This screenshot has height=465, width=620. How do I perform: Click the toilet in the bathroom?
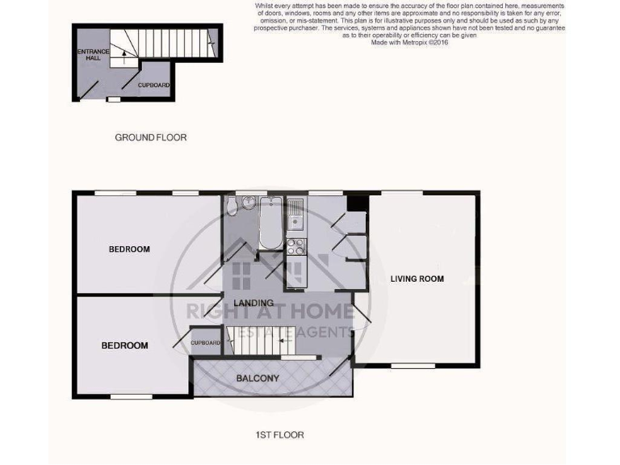pyautogui.click(x=232, y=207)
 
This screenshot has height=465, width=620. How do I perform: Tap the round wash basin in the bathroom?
pyautogui.click(x=250, y=206)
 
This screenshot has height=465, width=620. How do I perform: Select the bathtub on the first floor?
pyautogui.click(x=270, y=222)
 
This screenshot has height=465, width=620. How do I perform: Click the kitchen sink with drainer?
pyautogui.click(x=296, y=212)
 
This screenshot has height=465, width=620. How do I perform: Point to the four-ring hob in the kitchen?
pyautogui.click(x=295, y=245)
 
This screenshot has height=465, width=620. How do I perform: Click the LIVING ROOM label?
pyautogui.click(x=417, y=279)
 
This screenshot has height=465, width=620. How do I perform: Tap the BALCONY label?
pyautogui.click(x=258, y=379)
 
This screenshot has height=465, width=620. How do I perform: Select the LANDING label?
pyautogui.click(x=250, y=303)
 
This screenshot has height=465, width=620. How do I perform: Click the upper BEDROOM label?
pyautogui.click(x=129, y=249)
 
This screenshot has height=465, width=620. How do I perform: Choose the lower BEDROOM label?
pyautogui.click(x=124, y=346)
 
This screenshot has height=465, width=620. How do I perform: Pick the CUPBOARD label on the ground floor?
pyautogui.click(x=153, y=85)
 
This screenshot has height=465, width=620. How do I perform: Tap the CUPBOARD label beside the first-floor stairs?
pyautogui.click(x=206, y=343)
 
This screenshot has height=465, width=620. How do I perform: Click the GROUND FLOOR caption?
pyautogui.click(x=150, y=137)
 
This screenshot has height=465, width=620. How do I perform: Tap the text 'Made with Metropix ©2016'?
pyautogui.click(x=409, y=43)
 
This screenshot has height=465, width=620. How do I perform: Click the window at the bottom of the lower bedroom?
pyautogui.click(x=131, y=396)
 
